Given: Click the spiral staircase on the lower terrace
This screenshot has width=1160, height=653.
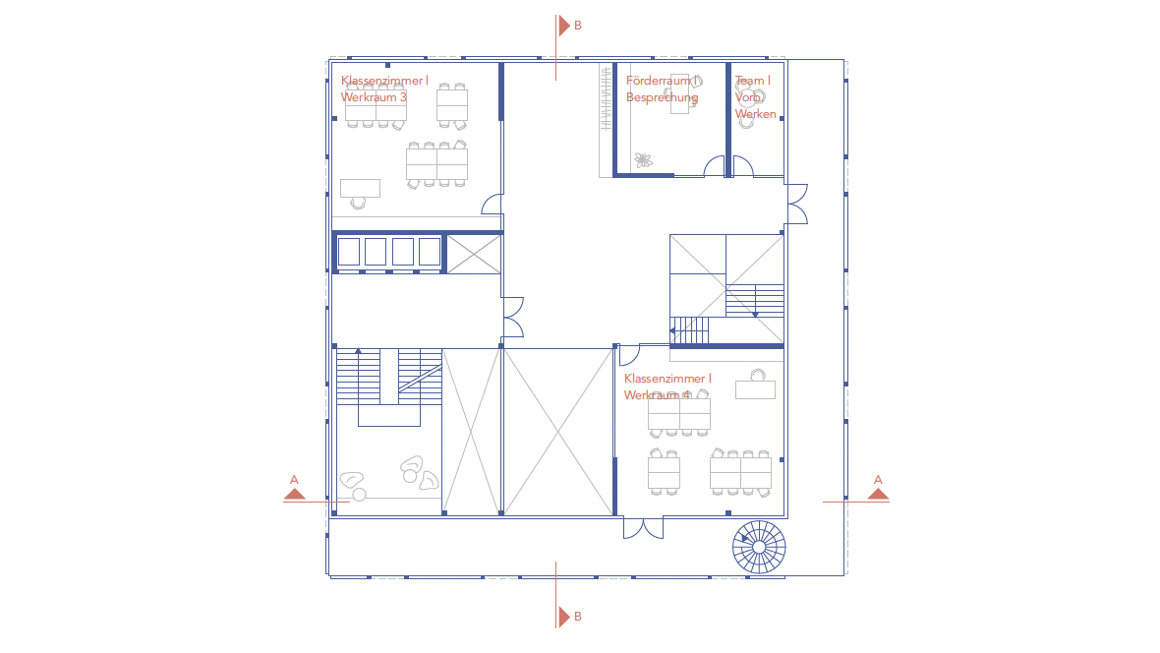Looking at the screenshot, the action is click(759, 547).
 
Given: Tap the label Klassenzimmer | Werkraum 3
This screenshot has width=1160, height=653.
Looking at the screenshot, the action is click(384, 89).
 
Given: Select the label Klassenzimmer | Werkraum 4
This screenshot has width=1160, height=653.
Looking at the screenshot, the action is click(667, 386).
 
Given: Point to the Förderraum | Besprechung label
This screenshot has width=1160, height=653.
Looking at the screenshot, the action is click(663, 89).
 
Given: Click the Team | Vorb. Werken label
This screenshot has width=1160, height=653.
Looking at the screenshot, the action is click(755, 97).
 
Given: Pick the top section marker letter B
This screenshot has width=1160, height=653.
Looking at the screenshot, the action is click(578, 26).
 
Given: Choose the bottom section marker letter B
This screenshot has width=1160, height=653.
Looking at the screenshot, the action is click(578, 616).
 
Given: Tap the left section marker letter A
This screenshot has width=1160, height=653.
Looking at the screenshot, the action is click(295, 480).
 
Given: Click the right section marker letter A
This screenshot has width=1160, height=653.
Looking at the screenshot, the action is click(878, 480).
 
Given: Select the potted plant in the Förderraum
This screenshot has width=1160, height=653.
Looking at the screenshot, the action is click(644, 160).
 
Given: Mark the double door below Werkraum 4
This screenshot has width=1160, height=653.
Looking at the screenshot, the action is click(644, 528).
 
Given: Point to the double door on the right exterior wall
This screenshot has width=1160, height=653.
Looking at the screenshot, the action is click(796, 204).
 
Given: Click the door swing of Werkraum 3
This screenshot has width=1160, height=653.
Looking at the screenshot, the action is click(493, 205).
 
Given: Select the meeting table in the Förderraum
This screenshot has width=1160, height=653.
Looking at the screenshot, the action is click(680, 94).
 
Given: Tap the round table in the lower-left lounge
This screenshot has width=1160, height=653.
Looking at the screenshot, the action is click(360, 495).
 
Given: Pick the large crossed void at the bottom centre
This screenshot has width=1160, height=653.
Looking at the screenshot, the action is click(558, 432).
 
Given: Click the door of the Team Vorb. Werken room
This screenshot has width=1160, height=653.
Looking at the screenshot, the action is click(743, 166).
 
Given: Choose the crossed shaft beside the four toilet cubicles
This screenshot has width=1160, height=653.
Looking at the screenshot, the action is click(474, 254).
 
